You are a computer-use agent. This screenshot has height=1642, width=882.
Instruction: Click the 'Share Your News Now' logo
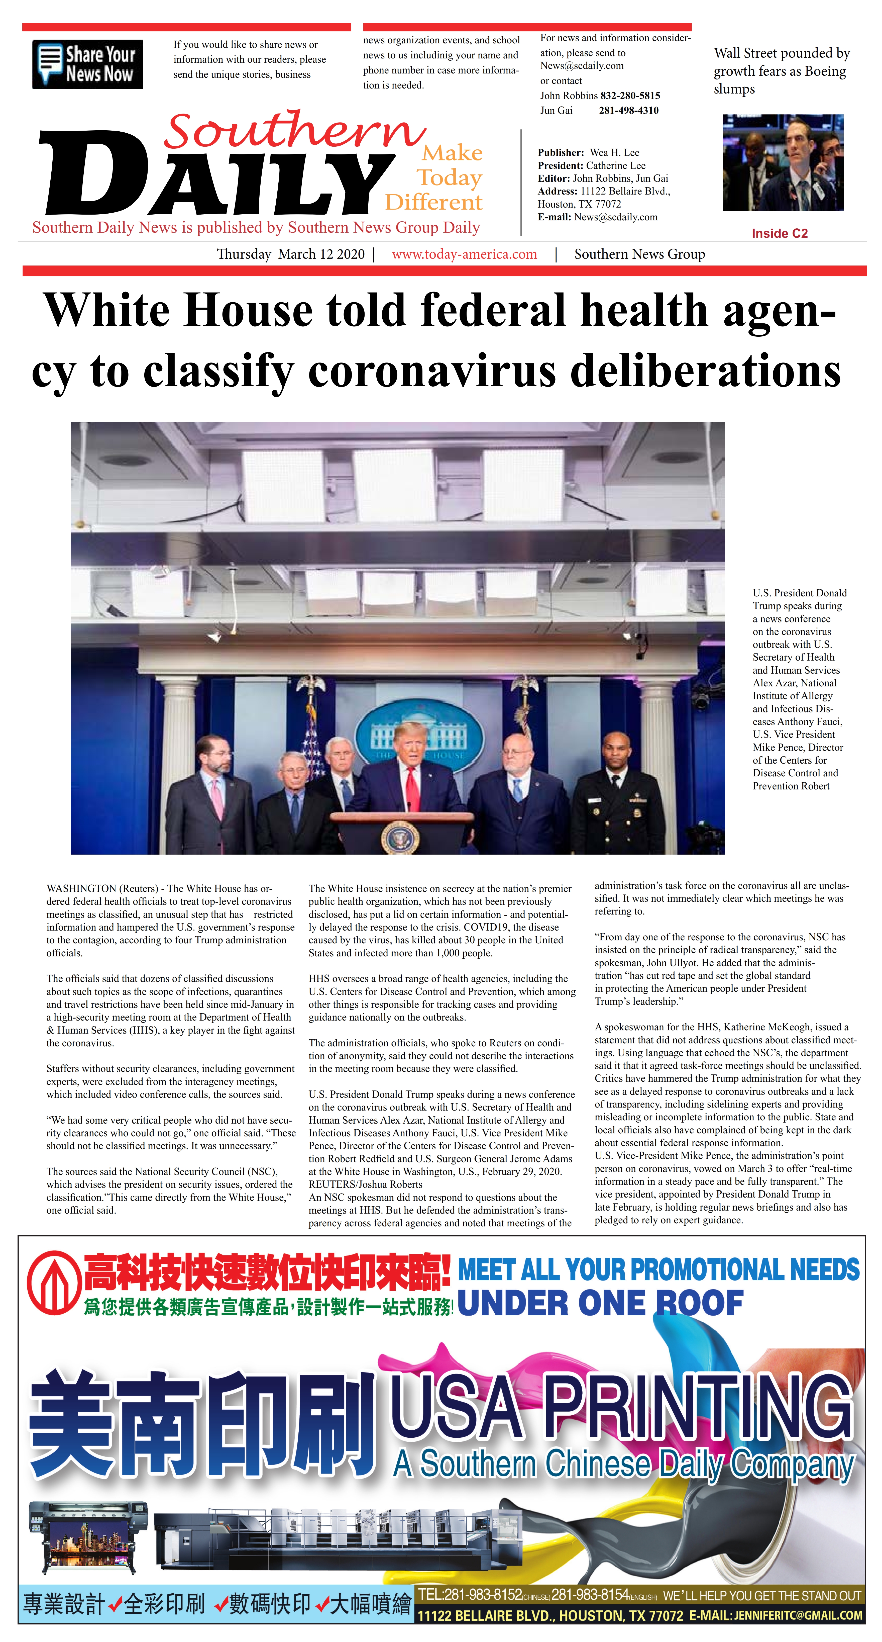[87, 64]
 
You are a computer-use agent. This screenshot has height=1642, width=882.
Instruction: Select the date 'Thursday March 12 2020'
[291, 254]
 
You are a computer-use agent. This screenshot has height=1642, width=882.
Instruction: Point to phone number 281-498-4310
[628, 110]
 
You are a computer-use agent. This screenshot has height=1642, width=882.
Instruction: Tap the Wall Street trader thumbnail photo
[783, 162]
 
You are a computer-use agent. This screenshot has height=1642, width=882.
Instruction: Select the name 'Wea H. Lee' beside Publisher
[614, 152]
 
